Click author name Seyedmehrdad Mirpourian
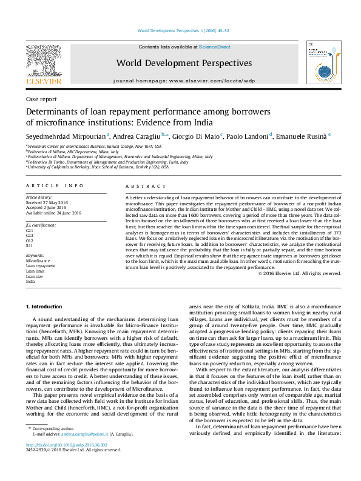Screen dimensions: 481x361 pyautogui.click(x=65, y=136)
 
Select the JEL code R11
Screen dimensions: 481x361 pyautogui.click(x=29, y=246)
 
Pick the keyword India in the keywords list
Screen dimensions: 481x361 pyautogui.click(x=30, y=282)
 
